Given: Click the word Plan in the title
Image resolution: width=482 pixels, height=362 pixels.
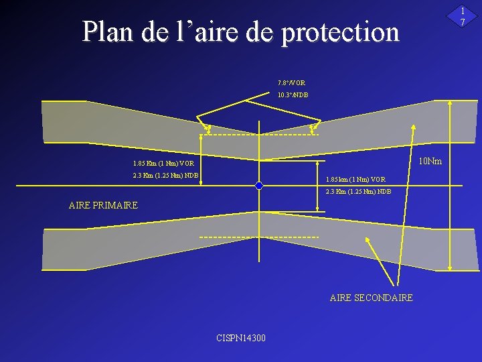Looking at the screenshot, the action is [109, 32].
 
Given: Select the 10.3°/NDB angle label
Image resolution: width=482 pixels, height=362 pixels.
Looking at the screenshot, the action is [293, 95].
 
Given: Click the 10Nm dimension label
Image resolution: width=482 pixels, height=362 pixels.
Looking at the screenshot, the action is [430, 161].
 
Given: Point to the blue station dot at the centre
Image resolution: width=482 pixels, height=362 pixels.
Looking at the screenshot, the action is [259, 186].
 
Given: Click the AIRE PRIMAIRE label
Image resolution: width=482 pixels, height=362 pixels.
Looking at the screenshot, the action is [103, 205].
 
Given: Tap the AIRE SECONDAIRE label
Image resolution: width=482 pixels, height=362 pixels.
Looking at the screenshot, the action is [372, 298].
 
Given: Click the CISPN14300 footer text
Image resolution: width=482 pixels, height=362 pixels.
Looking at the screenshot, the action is [241, 337].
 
